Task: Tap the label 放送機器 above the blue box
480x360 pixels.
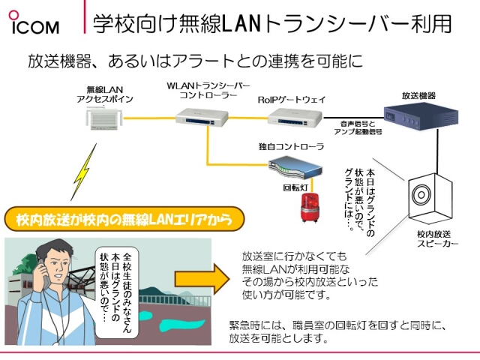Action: [418, 96]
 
